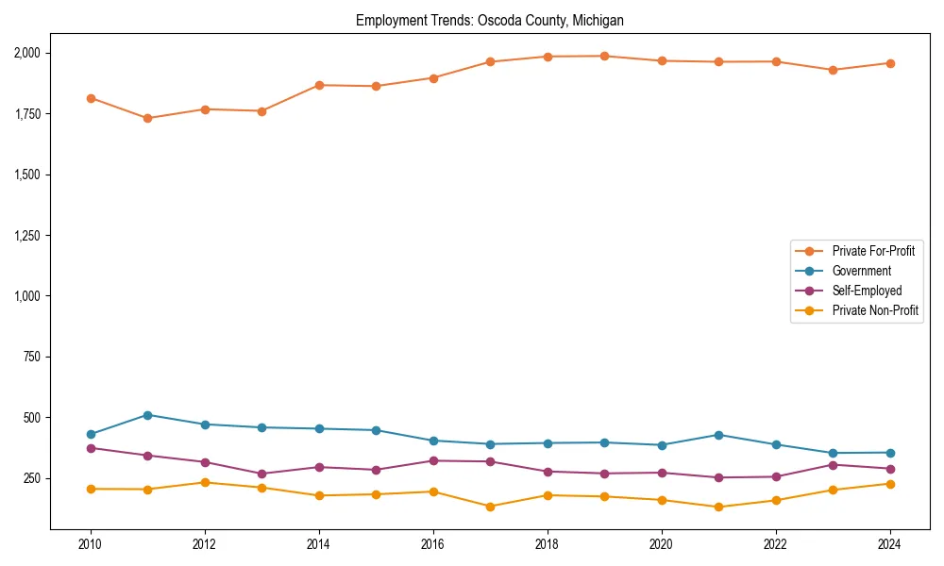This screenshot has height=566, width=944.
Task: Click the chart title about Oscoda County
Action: pos(489,20)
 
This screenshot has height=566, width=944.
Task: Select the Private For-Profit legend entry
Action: pos(873,251)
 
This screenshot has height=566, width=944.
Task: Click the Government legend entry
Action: pos(861,271)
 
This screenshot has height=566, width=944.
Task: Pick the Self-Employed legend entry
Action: pos(867,291)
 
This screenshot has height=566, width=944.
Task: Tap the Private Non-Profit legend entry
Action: pos(875,310)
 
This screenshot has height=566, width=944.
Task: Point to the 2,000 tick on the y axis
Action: pos(26,53)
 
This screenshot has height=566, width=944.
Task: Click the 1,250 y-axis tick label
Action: pos(26,235)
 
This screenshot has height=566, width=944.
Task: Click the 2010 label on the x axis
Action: pos(91,544)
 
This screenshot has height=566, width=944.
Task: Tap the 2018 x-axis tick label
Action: pos(548,544)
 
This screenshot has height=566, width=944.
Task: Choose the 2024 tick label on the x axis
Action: pos(889,544)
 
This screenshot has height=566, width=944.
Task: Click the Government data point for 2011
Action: pos(148,415)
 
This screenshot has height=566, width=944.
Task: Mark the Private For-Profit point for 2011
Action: pos(148,118)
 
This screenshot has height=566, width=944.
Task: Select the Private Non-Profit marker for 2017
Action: pos(490,507)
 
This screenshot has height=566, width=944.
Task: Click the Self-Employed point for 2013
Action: pos(261,474)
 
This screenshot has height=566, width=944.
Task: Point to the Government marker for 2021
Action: pos(718,435)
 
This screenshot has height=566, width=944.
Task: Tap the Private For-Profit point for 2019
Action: pos(604,56)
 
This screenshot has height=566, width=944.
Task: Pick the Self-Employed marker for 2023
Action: pos(833,464)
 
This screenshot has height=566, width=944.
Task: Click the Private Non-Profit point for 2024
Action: pos(889,484)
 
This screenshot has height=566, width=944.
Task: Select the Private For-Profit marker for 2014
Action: pos(319,85)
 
